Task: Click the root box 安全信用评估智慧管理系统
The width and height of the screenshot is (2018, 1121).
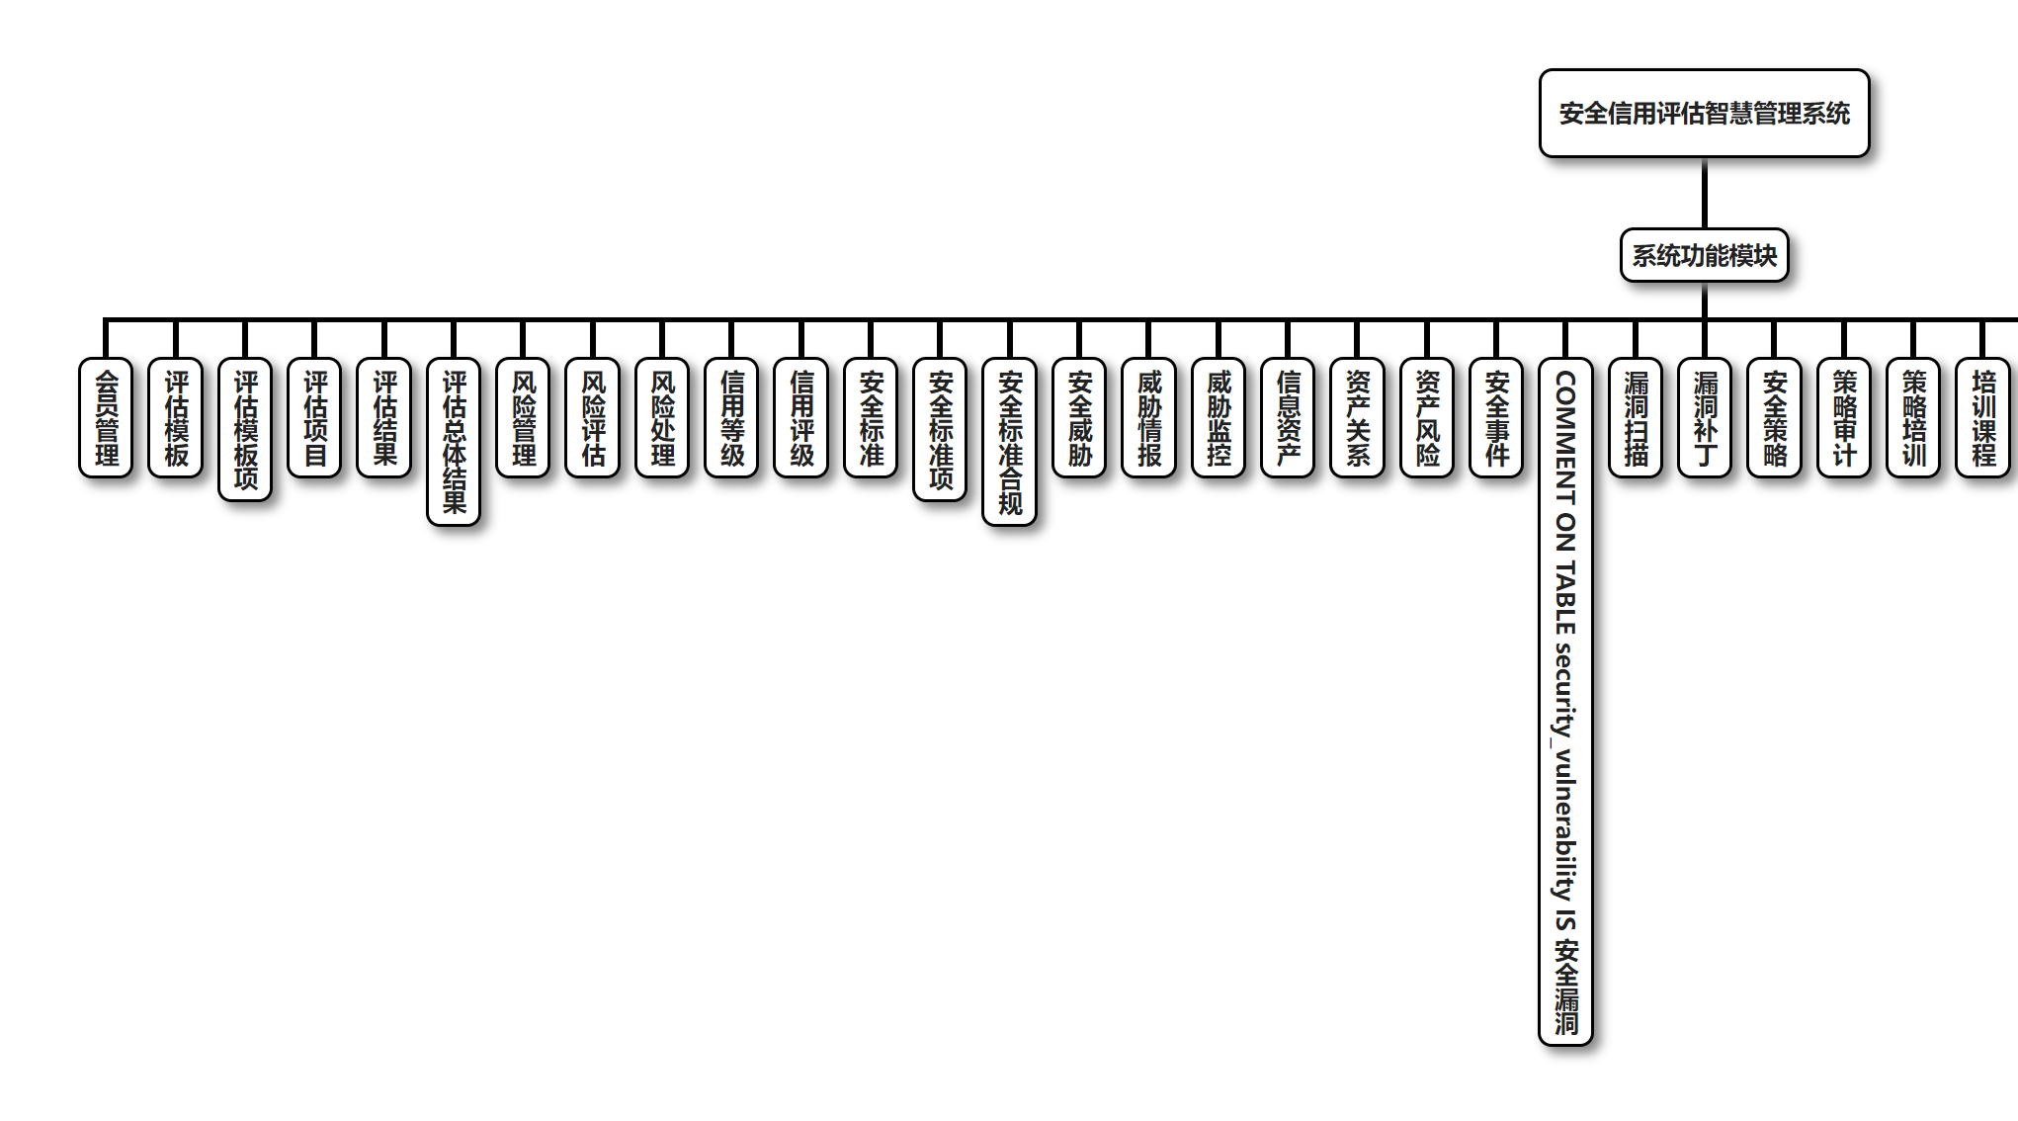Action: click(x=1704, y=114)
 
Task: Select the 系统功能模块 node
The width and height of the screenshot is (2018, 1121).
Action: click(x=1704, y=255)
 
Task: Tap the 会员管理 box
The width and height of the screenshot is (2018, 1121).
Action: click(x=106, y=417)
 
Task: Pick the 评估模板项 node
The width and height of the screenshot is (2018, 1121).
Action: click(x=245, y=429)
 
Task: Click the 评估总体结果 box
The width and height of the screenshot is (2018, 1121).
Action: click(x=454, y=441)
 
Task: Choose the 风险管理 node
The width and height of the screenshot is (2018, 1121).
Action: click(x=523, y=417)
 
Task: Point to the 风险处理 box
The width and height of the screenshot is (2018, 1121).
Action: click(x=662, y=417)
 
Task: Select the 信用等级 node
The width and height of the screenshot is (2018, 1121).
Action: click(x=731, y=417)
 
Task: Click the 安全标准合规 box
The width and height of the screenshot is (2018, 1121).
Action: click(x=1009, y=441)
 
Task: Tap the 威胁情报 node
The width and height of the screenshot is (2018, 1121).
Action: click(x=1148, y=417)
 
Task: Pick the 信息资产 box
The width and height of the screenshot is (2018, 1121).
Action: click(x=1288, y=417)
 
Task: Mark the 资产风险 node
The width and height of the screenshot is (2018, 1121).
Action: click(x=1427, y=417)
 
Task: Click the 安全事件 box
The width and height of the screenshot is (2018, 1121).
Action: click(x=1496, y=417)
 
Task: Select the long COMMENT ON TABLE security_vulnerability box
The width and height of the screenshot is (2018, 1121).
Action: click(x=1565, y=701)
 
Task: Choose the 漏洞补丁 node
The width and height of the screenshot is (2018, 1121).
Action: click(x=1705, y=417)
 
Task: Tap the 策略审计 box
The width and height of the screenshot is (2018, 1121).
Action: click(x=1844, y=417)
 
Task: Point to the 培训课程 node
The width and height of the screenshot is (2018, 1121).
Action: click(x=1982, y=417)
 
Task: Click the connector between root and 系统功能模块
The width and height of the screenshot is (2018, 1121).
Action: click(x=1704, y=193)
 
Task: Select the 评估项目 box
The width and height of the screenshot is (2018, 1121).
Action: click(x=314, y=417)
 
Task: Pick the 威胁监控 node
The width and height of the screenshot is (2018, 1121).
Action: click(x=1219, y=417)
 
